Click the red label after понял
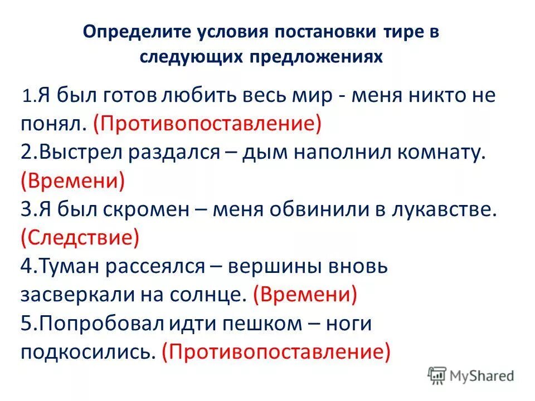208,123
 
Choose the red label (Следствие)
80,238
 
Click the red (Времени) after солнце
304,295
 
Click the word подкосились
87,352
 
